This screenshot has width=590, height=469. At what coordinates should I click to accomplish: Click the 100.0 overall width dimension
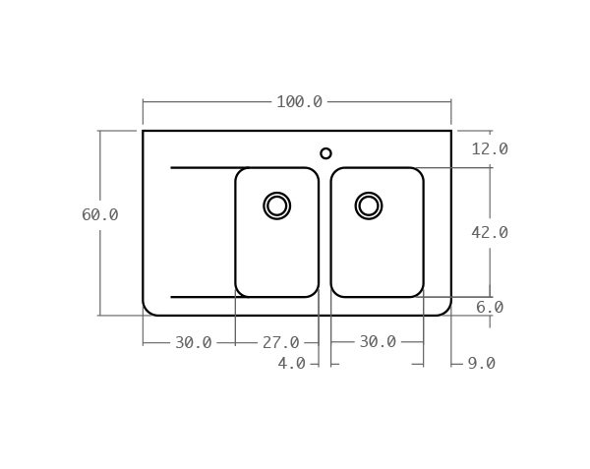[x=300, y=102]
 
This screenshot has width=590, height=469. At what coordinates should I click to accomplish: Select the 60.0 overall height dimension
[x=100, y=214]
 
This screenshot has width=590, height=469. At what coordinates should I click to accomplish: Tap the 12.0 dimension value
[x=490, y=149]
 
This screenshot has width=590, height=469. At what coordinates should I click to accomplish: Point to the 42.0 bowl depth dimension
[x=490, y=233]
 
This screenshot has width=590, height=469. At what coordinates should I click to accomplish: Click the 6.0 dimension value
[x=490, y=308]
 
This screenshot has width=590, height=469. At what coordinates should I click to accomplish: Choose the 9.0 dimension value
[x=482, y=364]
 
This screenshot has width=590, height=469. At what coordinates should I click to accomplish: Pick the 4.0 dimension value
[x=292, y=364]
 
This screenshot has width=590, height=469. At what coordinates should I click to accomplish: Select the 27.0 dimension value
[x=280, y=342]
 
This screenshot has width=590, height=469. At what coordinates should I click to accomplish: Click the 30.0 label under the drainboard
[x=194, y=342]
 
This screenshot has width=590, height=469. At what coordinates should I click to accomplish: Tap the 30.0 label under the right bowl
[x=378, y=342]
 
